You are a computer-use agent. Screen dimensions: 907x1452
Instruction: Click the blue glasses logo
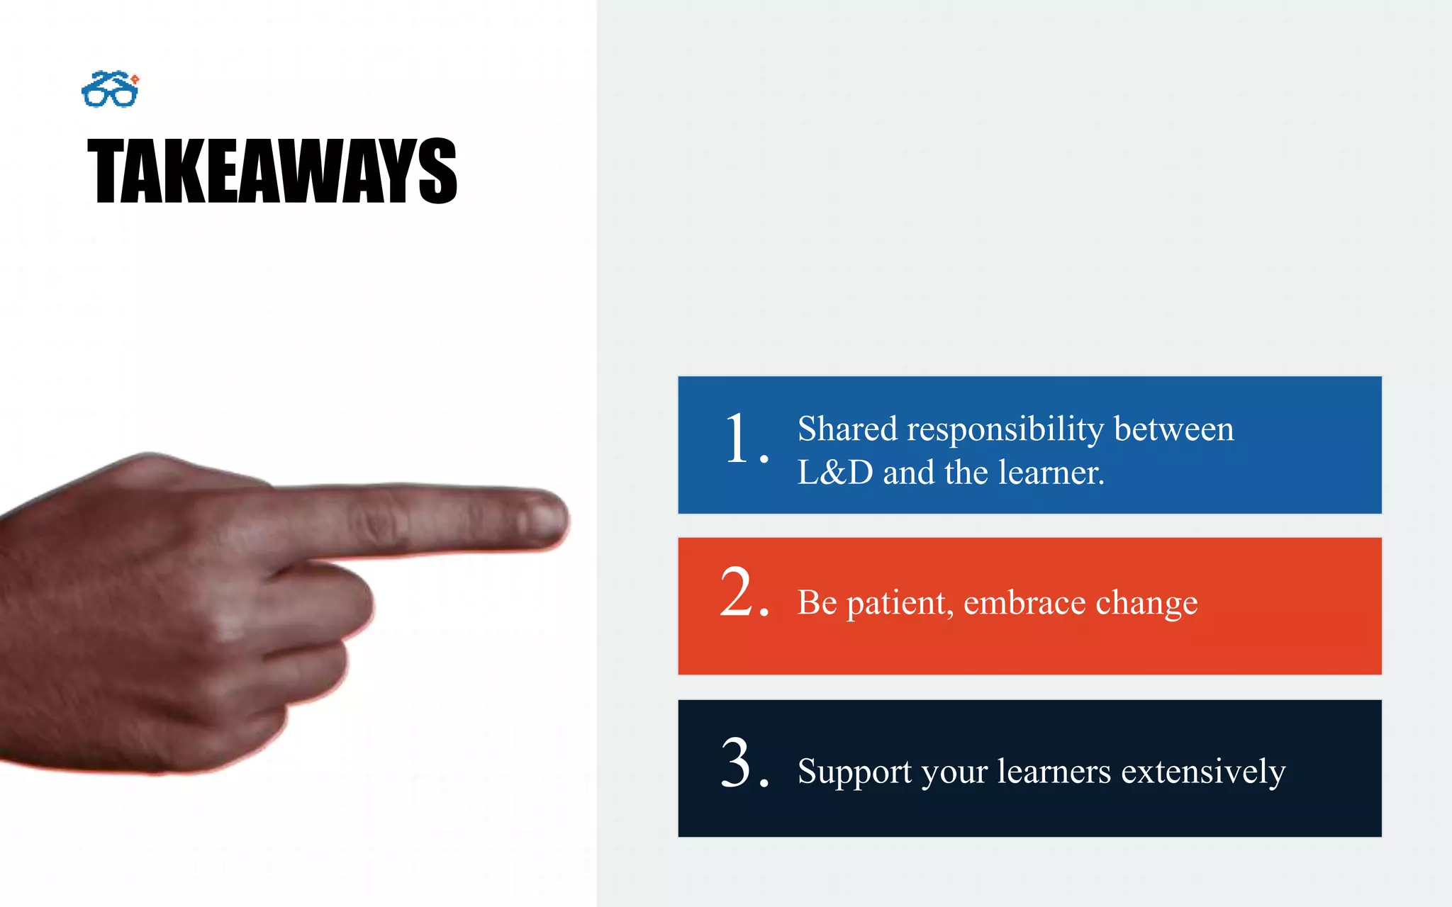point(110,89)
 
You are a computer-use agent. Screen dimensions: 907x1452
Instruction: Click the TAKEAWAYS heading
point(272,171)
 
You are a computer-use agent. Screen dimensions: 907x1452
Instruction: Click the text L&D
point(835,473)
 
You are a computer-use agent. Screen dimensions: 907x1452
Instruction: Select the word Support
point(854,772)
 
